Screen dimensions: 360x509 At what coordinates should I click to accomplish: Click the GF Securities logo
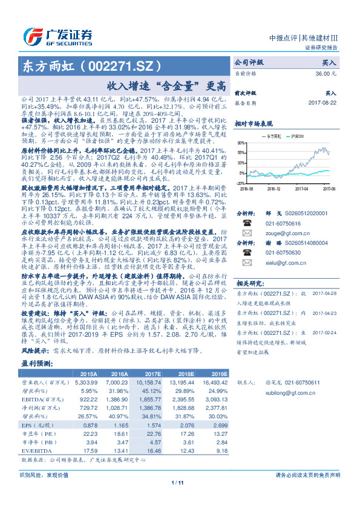(57, 36)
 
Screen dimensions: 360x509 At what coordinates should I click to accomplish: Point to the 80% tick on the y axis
(241, 143)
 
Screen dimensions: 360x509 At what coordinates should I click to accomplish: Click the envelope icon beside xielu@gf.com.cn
(247, 264)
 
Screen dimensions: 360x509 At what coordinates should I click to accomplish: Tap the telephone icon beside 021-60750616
(247, 222)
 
